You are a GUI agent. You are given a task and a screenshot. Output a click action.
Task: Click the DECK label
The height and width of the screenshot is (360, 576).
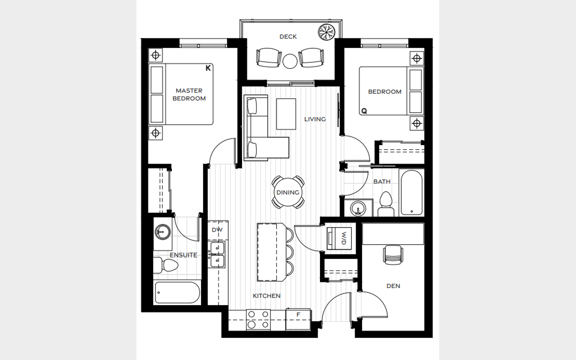click(x=288, y=37)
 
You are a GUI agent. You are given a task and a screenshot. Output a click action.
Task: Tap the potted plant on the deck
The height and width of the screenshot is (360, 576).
click(x=326, y=32)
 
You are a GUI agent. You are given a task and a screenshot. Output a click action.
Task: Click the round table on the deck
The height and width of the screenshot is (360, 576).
click(x=290, y=61)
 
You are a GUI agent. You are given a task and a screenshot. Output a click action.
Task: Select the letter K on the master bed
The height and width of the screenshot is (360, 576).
click(x=208, y=68)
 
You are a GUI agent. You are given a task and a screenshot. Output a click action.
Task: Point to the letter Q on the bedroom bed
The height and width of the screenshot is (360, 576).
click(x=364, y=111)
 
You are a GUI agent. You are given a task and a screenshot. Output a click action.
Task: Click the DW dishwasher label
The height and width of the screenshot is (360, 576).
click(x=217, y=230)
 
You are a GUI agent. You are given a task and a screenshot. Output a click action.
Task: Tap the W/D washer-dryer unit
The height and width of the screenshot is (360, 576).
click(x=339, y=238)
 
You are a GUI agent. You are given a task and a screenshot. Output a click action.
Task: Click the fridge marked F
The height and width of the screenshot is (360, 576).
click(x=298, y=320)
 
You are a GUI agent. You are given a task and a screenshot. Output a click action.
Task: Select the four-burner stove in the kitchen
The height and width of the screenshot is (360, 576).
click(x=258, y=320)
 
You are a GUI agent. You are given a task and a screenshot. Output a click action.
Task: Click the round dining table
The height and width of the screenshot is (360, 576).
click(x=288, y=192)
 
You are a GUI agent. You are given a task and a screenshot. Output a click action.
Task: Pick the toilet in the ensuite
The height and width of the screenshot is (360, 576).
click(x=166, y=265)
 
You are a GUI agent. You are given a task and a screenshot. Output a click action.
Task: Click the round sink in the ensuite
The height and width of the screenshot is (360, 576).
click(x=163, y=232)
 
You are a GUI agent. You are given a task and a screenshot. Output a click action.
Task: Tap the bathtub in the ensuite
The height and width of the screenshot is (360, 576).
click(x=178, y=293)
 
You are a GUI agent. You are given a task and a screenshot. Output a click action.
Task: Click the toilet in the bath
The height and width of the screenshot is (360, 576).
click(x=386, y=204)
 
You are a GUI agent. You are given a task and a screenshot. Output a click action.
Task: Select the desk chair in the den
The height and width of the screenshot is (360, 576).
click(x=393, y=254)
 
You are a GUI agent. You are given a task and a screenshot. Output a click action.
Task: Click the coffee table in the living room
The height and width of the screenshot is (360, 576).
click(x=286, y=114)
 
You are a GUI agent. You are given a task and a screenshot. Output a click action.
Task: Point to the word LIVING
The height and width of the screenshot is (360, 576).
click(x=315, y=119)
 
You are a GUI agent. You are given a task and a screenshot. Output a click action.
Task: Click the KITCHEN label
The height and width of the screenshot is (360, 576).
click(x=267, y=296)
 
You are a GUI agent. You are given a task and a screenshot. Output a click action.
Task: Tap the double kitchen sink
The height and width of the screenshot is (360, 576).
click(x=218, y=255)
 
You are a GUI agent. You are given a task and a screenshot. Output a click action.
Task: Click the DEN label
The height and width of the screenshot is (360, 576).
click(x=394, y=286)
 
